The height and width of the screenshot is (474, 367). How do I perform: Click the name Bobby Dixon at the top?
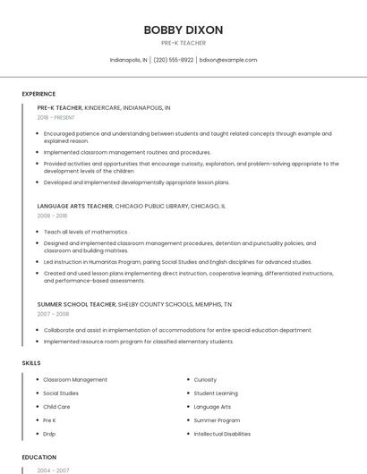[183, 30]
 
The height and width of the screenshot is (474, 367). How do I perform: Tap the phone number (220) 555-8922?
[173, 60]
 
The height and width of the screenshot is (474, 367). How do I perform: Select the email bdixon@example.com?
[228, 60]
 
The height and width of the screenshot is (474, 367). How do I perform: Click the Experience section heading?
[38, 94]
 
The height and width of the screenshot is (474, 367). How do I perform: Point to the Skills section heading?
[30, 362]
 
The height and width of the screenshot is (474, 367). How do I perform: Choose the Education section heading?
[38, 456]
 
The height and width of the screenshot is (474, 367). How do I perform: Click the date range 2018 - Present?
[56, 117]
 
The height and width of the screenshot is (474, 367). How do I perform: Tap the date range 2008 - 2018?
[52, 216]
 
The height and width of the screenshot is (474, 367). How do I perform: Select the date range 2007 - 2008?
[52, 314]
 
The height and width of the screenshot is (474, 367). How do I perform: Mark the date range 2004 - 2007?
[53, 470]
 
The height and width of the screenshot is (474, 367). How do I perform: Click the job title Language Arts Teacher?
[75, 206]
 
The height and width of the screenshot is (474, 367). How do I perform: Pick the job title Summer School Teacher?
[78, 304]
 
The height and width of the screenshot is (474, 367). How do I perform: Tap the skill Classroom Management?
[75, 380]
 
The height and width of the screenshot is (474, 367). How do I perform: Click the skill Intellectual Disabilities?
[222, 434]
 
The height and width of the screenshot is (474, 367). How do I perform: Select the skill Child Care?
[56, 407]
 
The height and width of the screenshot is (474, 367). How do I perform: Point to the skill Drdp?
[49, 434]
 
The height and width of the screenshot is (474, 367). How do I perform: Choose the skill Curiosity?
[205, 380]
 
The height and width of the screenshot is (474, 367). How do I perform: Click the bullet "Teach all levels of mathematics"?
[86, 232]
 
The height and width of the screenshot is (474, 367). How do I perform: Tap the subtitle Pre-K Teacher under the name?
[183, 43]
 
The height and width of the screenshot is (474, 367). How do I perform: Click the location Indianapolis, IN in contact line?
[129, 60]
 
